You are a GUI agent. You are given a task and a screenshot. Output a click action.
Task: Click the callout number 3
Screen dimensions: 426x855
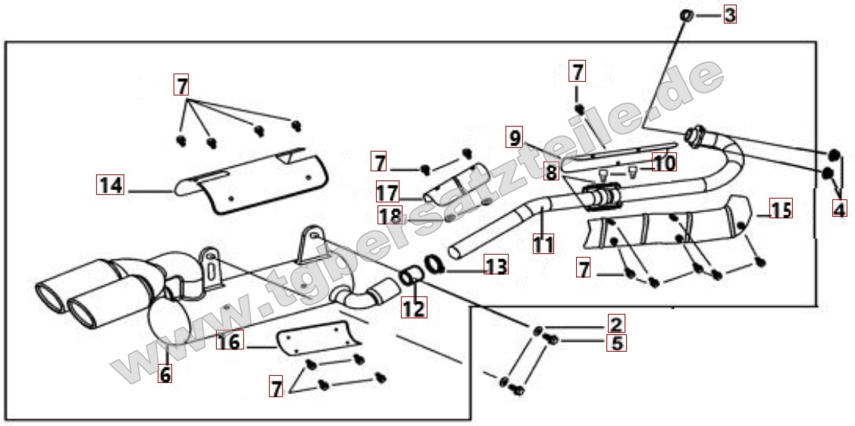729,14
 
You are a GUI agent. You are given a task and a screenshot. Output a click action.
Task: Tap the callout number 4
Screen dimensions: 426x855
838,208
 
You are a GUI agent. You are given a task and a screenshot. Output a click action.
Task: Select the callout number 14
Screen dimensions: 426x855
111,184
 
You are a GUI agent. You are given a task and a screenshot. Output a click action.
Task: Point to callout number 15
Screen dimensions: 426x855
781,208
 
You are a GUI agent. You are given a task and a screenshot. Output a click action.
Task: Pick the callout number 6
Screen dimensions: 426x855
164,373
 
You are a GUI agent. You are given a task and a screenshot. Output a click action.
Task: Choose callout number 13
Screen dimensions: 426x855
496,265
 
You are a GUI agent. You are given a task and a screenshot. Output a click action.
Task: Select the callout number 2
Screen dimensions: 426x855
616,324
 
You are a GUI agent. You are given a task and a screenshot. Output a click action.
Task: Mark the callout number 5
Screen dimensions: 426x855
616,343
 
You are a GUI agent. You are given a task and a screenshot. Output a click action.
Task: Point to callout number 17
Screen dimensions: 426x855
387,193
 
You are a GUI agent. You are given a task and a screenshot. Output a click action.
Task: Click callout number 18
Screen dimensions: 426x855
390,215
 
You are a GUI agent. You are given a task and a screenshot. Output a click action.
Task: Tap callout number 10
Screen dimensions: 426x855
664,161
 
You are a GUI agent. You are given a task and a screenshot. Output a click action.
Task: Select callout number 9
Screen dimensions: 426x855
515,138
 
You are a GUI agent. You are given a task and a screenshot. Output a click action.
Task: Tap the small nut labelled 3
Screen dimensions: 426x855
685,14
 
